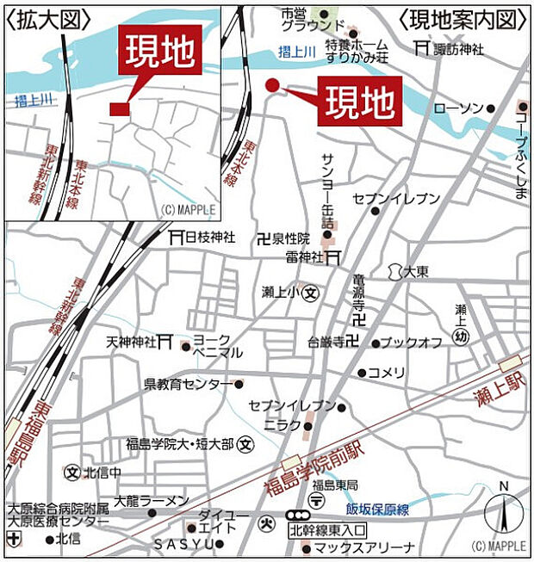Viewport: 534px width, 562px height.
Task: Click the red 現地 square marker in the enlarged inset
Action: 119,108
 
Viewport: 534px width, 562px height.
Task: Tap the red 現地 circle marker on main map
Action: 271,85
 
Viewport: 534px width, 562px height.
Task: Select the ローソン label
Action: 458,108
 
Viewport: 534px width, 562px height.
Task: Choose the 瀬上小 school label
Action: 281,293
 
